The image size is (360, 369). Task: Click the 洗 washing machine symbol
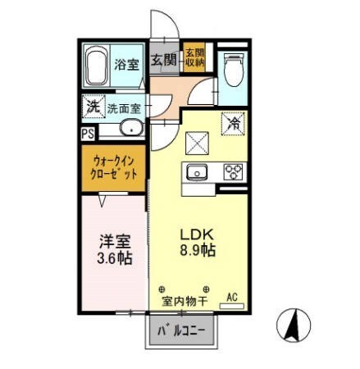point(93,107)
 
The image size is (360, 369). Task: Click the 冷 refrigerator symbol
point(233,124)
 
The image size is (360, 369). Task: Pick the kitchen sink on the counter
point(198,172)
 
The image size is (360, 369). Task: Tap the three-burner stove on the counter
point(233,172)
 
